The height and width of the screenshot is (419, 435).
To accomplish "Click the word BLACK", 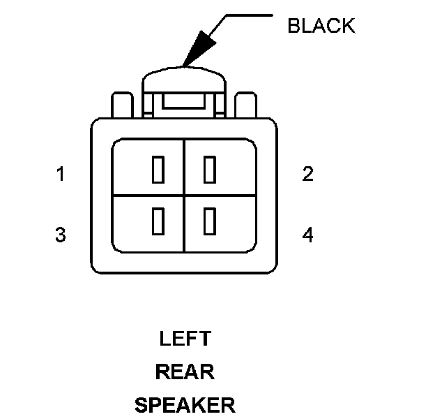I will pos(321,27).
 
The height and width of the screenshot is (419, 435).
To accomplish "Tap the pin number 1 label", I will pos(61,175).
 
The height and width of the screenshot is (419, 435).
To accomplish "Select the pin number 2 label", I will pos(307,175).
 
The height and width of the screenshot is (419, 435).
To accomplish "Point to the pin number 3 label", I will pos(61,235).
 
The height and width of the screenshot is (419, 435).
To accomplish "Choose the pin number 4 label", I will pos(307,235).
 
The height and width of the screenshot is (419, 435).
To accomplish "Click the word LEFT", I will pos(185,339).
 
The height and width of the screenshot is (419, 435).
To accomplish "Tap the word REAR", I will pos(185,372).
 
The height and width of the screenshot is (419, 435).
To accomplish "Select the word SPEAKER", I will pos(185,404).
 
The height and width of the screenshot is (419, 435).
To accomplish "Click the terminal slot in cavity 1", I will pos(158,170).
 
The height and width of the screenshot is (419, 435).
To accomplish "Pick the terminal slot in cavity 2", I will pos(208,170).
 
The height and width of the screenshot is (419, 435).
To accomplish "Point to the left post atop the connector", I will pos(121,105).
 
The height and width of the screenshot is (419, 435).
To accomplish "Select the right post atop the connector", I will pos(246,105).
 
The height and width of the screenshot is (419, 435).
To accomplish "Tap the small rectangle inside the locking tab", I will pos(183,103).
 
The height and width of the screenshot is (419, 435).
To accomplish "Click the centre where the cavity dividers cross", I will pos(183,195).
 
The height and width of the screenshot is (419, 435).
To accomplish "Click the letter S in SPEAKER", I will pos(141,404).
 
